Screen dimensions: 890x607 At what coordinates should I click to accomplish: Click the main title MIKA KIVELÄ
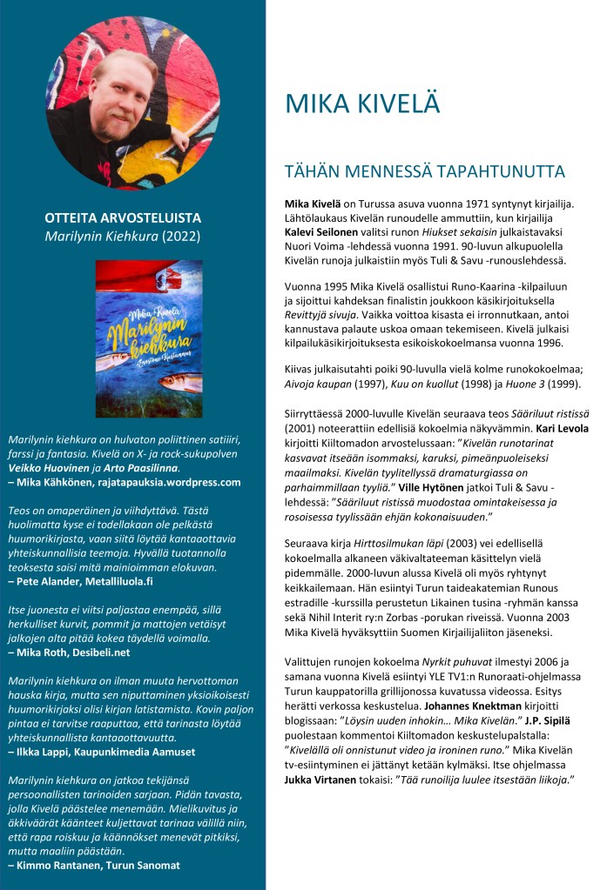[x=362, y=103]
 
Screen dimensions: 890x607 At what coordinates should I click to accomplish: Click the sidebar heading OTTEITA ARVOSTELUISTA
[x=123, y=217]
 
